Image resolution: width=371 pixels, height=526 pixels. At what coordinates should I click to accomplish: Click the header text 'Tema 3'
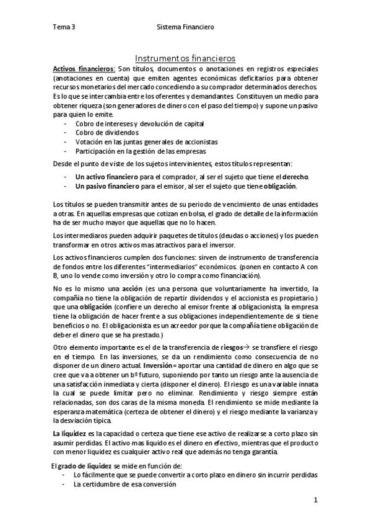[x=64, y=27]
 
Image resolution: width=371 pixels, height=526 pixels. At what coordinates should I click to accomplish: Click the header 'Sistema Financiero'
[x=186, y=27]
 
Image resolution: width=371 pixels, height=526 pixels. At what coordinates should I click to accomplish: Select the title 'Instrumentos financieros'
[x=185, y=56]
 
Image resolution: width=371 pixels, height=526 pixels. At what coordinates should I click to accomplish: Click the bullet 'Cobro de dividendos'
[x=107, y=133]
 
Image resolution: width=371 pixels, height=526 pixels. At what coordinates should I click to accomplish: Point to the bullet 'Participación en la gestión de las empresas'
[x=141, y=151]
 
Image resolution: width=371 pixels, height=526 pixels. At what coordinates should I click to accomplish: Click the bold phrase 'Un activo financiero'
[x=107, y=177]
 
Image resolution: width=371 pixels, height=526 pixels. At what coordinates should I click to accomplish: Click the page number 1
[x=315, y=499]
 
